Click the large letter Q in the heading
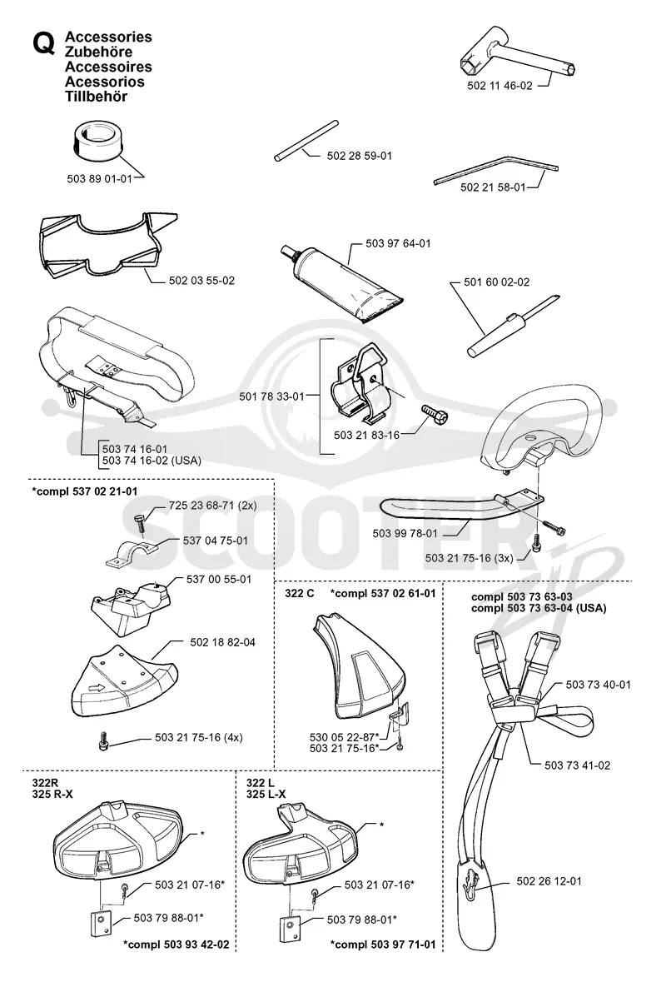pyautogui.click(x=43, y=44)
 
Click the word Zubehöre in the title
pyautogui.click(x=98, y=52)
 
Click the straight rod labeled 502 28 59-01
pyautogui.click(x=306, y=141)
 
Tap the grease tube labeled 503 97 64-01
pyautogui.click(x=342, y=282)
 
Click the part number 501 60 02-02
pyautogui.click(x=496, y=282)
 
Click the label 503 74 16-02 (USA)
pyautogui.click(x=152, y=461)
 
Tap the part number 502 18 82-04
pyautogui.click(x=222, y=642)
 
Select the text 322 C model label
pyautogui.click(x=299, y=593)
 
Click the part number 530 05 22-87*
pyautogui.click(x=345, y=738)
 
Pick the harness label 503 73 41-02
pyautogui.click(x=577, y=765)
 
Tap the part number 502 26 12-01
pyautogui.click(x=549, y=881)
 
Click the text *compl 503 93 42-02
pyautogui.click(x=176, y=945)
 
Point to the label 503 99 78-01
pyautogui.click(x=405, y=534)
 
